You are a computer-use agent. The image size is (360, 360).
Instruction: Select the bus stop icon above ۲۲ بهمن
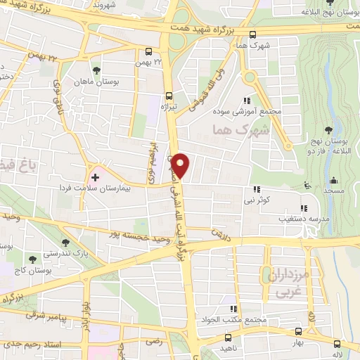[x=148, y=51]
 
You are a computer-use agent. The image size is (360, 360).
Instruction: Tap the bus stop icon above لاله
[x=338, y=344]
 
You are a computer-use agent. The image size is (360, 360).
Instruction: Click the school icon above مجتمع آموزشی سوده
[x=246, y=101]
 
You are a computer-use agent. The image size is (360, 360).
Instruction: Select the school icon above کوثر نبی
[x=257, y=188]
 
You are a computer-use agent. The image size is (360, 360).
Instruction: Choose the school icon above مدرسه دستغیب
[x=304, y=208]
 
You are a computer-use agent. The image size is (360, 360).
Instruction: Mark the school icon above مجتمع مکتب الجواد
[x=233, y=309]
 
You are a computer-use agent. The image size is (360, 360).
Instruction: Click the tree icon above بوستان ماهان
[x=96, y=70]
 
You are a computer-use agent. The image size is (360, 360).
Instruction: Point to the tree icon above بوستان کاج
[x=32, y=259]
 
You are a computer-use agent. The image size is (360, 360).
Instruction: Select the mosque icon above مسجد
[x=334, y=180]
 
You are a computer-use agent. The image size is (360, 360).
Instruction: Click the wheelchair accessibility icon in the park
[x=307, y=186]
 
